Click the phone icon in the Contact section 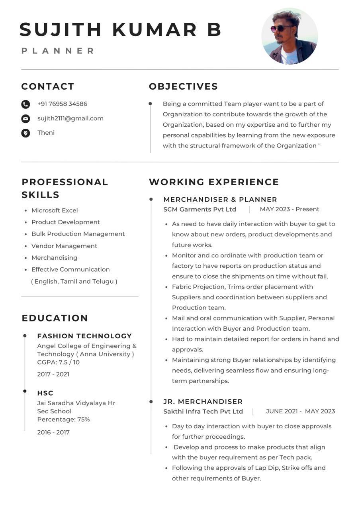[25, 104]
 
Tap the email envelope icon [25, 119]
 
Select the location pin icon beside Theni [25, 133]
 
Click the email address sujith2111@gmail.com [70, 118]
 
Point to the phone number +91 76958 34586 [62, 104]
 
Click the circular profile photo [290, 36]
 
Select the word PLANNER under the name [58, 51]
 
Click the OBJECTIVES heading [183, 86]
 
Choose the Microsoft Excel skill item [55, 210]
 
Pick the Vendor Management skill [64, 246]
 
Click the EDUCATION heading [55, 318]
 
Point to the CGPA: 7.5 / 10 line [58, 362]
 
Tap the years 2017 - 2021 [53, 374]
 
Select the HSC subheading [45, 393]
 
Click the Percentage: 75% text [63, 420]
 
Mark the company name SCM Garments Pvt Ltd [200, 210]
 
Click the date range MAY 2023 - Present [290, 209]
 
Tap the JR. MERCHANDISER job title [203, 402]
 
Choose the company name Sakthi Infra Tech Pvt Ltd [203, 412]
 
